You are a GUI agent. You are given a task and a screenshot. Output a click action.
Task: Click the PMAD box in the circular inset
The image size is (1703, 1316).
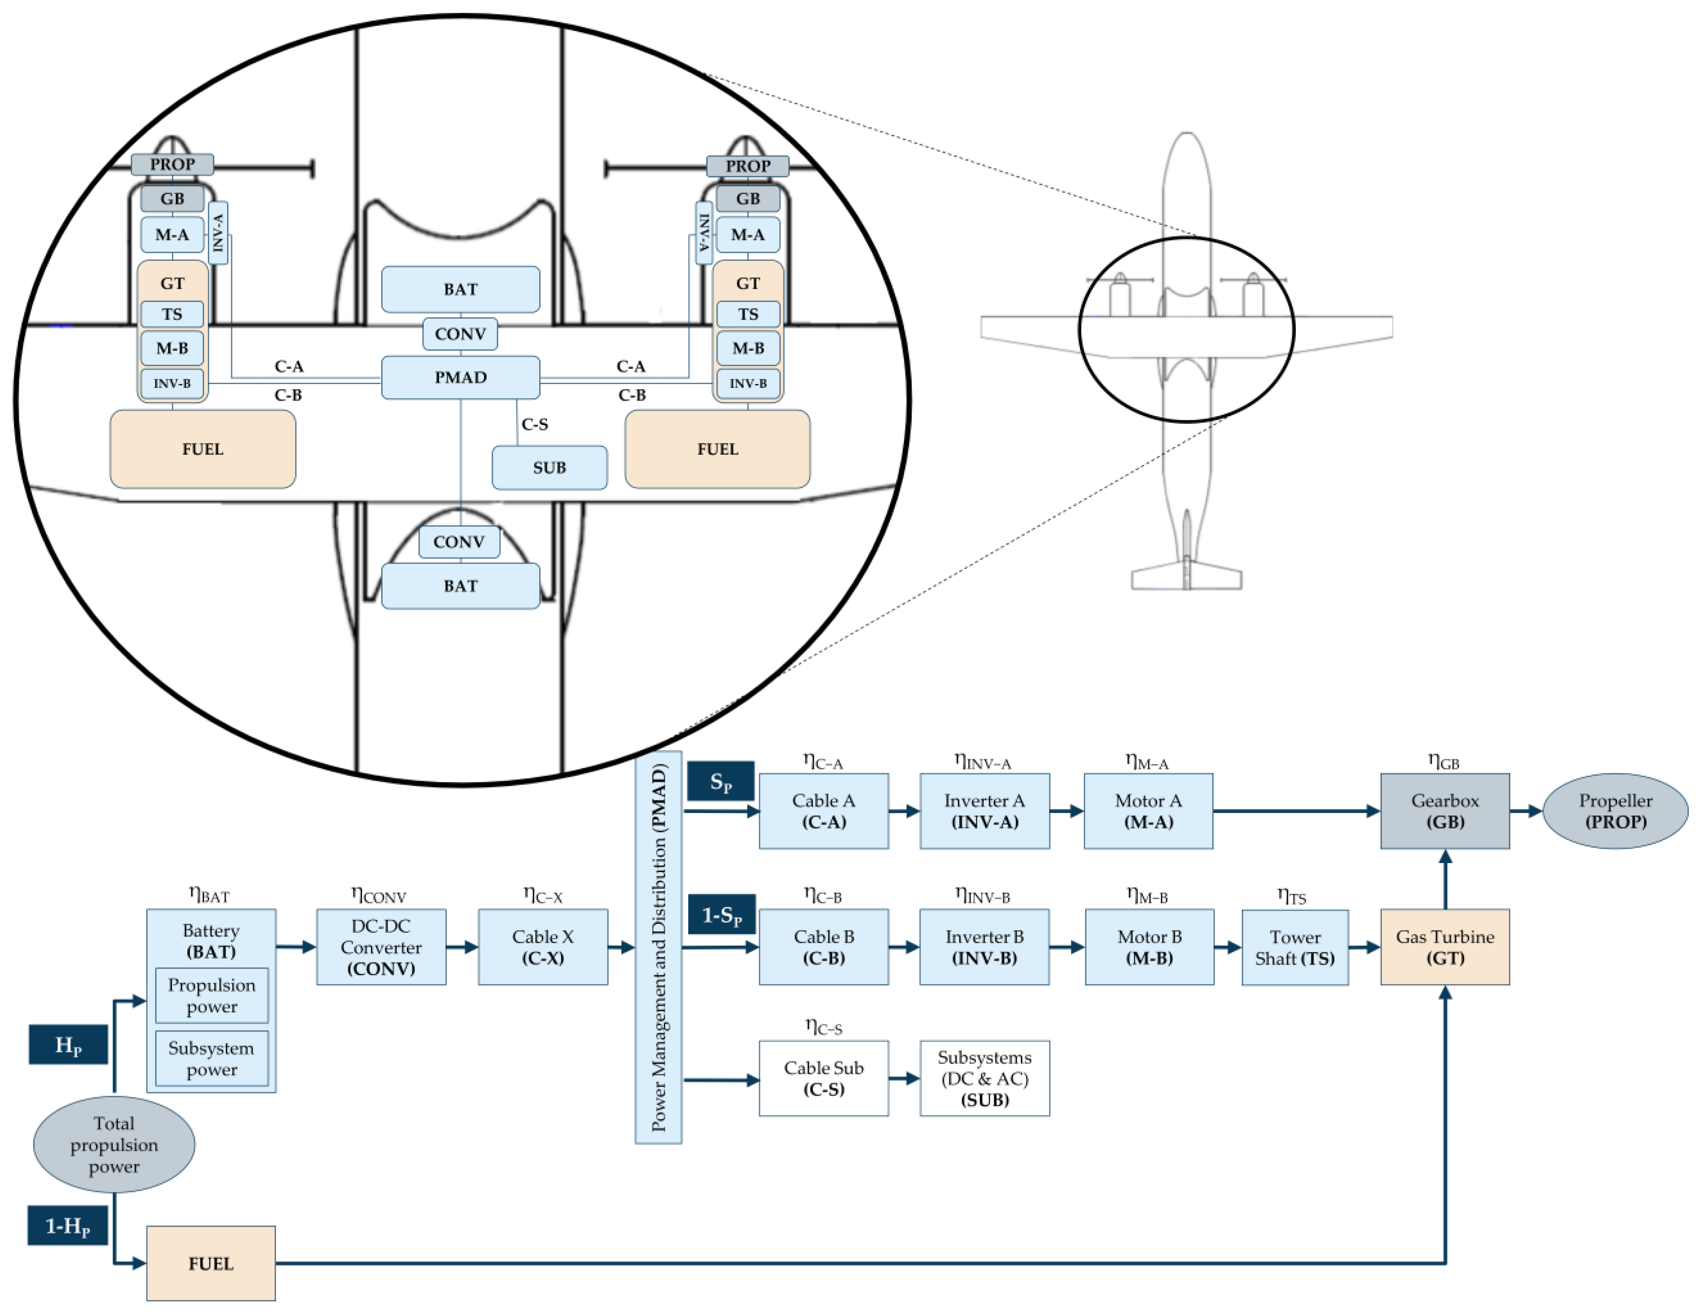click(x=460, y=377)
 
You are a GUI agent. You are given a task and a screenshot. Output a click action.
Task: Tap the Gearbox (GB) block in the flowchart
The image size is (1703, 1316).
click(x=1444, y=811)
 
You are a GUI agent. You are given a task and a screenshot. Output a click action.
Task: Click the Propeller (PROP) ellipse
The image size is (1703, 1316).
click(x=1615, y=811)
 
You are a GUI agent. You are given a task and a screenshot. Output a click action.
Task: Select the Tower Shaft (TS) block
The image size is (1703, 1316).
click(x=1294, y=947)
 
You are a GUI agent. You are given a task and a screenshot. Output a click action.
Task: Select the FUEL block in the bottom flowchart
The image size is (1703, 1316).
click(x=211, y=1263)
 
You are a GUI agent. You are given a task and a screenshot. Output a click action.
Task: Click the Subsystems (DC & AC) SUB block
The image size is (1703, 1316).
click(x=984, y=1078)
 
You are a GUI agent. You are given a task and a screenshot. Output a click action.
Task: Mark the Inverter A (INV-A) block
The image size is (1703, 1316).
click(x=984, y=811)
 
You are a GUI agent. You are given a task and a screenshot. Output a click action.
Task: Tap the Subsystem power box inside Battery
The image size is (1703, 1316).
click(x=211, y=1058)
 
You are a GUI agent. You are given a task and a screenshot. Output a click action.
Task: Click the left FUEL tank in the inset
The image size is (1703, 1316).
click(x=203, y=449)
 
